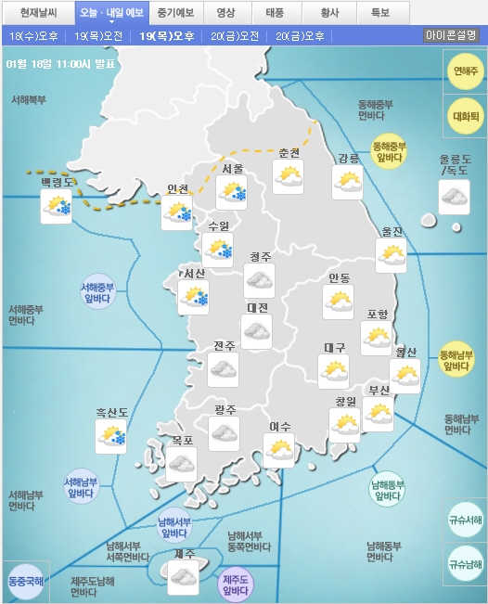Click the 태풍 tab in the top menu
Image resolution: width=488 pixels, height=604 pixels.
coord(276,14)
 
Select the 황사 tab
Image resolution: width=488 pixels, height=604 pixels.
coord(327,14)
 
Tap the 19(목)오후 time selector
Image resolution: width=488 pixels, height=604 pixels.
coord(167,36)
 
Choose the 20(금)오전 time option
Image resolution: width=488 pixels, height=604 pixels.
coord(234,36)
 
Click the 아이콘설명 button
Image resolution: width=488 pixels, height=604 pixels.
coord(451,35)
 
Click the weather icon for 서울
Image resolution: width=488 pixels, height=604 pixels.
coord(231,193)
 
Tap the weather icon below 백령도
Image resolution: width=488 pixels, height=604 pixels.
coord(57,207)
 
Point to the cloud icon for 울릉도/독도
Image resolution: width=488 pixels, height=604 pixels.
coord(454,198)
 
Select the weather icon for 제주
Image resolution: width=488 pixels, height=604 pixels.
coord(183,578)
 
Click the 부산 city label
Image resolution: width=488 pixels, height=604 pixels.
coord(379,391)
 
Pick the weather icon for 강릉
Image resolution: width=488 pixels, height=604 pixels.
coord(347,183)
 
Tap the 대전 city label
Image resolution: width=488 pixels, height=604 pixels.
coord(257,308)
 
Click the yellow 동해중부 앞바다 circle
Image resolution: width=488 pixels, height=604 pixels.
coord(390,152)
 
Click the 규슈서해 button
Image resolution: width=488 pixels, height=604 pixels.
coord(465,520)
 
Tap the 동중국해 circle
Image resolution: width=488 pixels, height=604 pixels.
coord(25,581)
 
